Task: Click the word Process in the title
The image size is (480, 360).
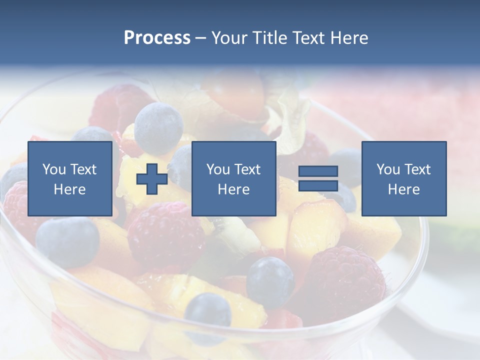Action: (x=157, y=38)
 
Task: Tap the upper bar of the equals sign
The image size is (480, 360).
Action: (x=318, y=171)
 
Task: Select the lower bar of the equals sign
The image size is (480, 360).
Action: (x=318, y=185)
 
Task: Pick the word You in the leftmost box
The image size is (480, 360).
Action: (x=53, y=169)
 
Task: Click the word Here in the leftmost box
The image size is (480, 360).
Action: (x=69, y=189)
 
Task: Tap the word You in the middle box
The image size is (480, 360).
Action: (x=217, y=169)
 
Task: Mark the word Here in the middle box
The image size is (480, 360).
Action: (x=233, y=189)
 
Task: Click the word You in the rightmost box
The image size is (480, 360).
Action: (x=387, y=169)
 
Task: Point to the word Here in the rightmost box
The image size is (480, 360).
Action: (x=403, y=189)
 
